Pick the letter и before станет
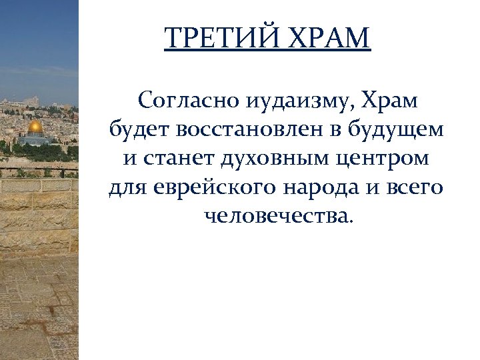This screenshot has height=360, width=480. click(131, 160)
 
